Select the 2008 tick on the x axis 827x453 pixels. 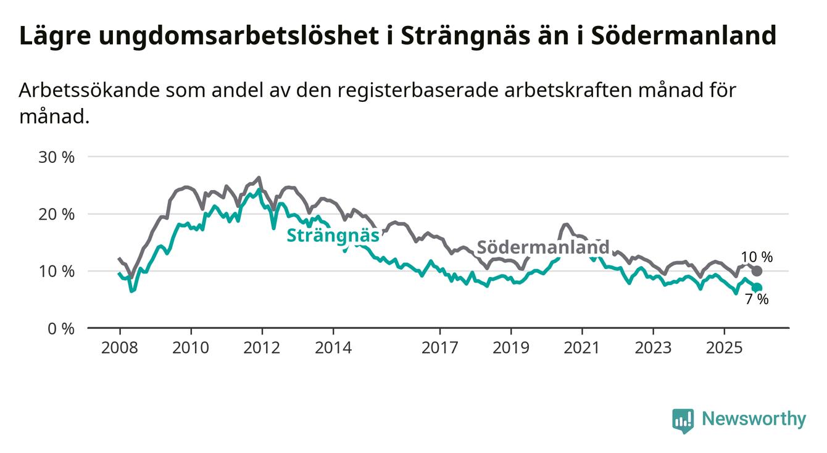coord(119,347)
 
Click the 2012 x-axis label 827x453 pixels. coord(262,347)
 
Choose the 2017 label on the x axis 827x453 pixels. coord(439,347)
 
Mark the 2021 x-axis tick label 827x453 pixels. coord(582,347)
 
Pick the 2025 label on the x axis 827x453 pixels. coord(725,347)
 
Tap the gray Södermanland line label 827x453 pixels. coord(544,247)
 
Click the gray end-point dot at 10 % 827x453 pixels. coord(757,271)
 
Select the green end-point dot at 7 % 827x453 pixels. coord(757,288)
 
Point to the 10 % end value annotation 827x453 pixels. coord(757,257)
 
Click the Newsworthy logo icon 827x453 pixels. coord(683,420)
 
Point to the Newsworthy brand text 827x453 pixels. coord(754,420)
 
